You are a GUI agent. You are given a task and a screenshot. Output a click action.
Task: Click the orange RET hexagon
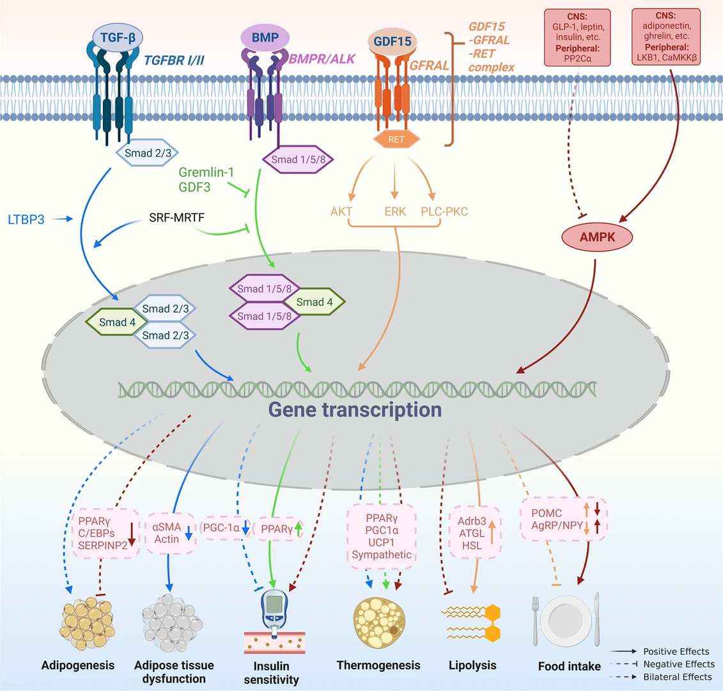396,138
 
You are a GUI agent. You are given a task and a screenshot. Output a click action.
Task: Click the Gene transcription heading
354,409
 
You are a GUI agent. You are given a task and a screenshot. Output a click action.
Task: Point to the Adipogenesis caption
77,665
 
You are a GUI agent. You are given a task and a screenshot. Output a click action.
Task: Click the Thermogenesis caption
378,665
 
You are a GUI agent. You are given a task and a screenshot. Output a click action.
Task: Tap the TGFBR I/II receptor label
177,60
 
